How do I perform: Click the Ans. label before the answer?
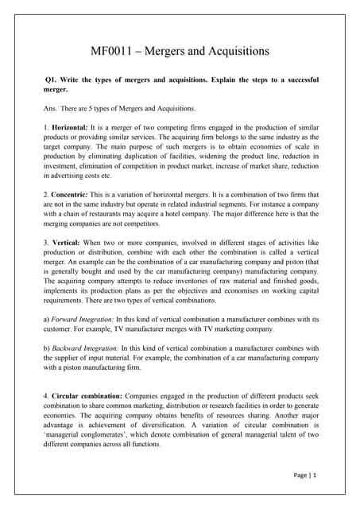(x=53, y=108)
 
